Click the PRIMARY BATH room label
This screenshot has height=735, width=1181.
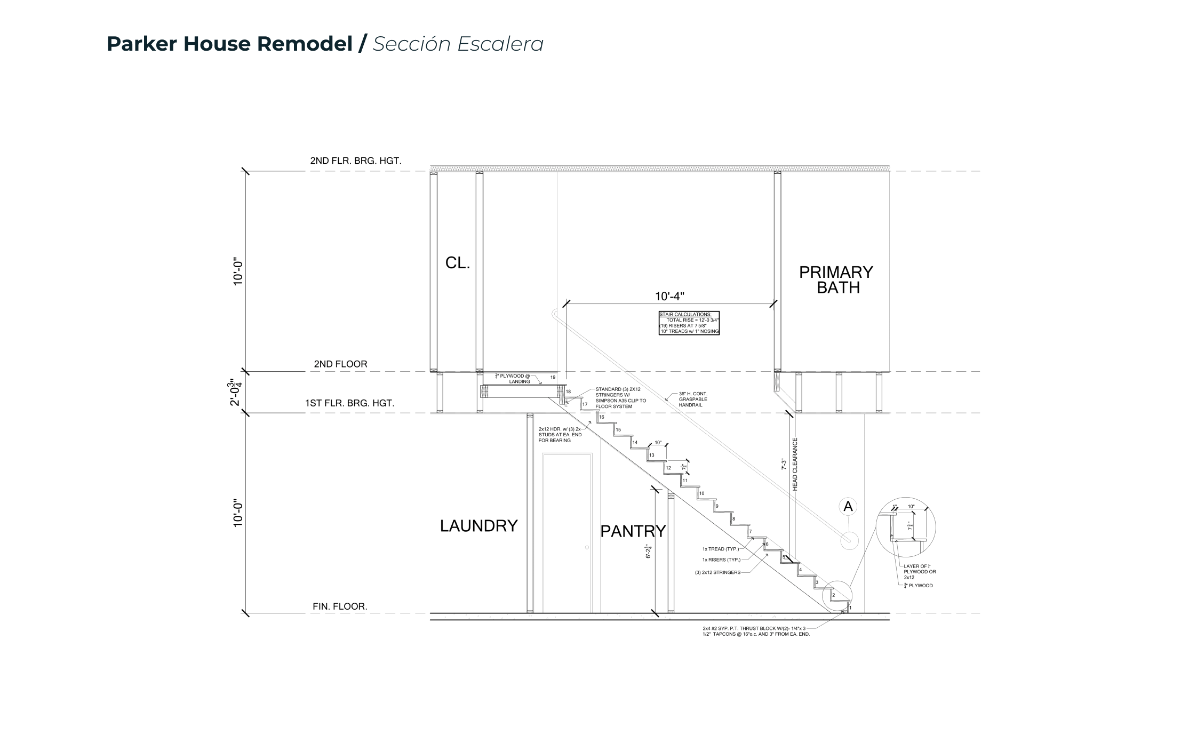point(836,280)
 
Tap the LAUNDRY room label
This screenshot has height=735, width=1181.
point(478,526)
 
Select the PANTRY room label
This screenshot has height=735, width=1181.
point(633,531)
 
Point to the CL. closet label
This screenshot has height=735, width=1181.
point(458,263)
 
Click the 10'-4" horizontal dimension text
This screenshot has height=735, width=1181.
point(669,296)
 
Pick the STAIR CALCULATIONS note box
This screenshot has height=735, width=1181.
point(689,323)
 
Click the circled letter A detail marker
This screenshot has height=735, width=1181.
point(848,507)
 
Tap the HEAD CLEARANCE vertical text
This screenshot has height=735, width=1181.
point(795,464)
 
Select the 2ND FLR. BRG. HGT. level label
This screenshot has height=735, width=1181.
point(356,161)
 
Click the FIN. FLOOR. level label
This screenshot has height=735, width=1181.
point(340,606)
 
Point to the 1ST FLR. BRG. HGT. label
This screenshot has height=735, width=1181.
point(349,403)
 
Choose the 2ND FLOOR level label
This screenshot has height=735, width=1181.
point(340,364)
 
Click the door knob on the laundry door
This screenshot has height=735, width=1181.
point(587,547)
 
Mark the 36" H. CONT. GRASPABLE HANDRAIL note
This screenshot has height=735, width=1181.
point(693,400)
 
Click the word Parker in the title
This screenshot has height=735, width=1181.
point(141,44)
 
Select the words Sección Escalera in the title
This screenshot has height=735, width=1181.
point(458,44)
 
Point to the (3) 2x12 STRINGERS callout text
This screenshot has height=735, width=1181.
point(717,572)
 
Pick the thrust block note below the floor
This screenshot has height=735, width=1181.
point(756,632)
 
